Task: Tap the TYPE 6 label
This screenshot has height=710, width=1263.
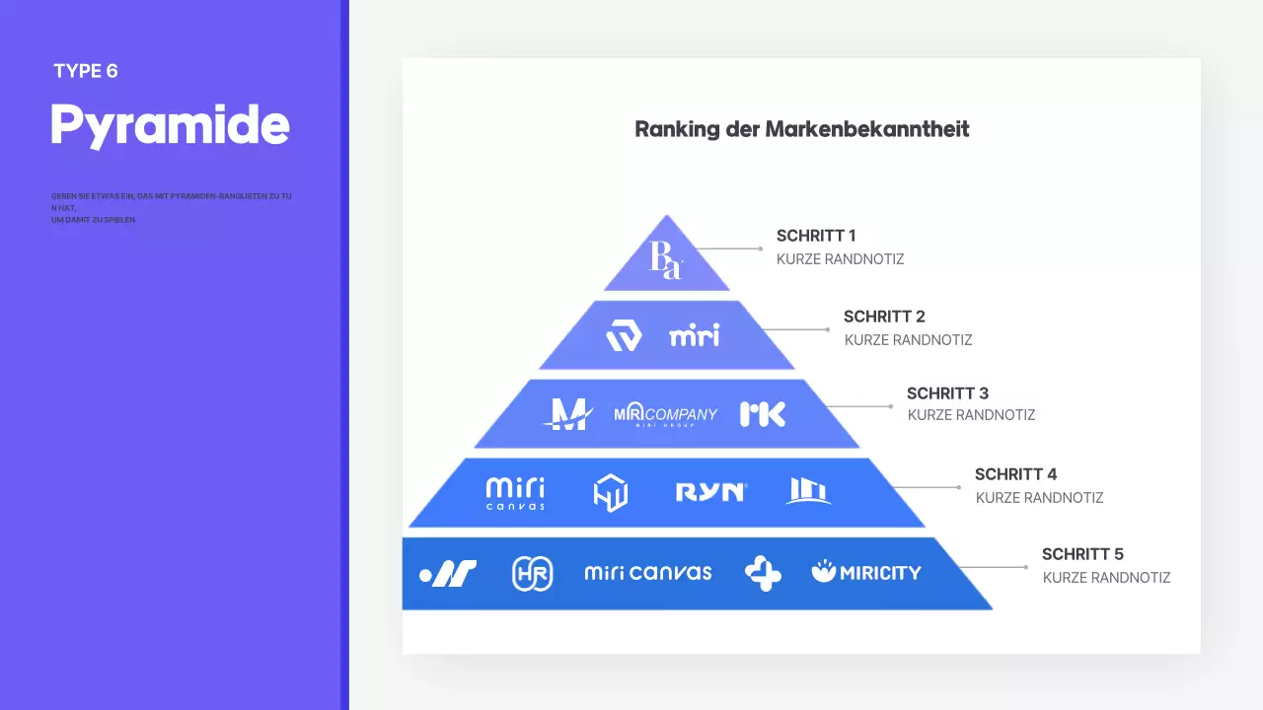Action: click(x=86, y=71)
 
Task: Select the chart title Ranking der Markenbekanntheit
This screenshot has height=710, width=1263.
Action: click(x=801, y=129)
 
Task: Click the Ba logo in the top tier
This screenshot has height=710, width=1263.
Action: click(x=665, y=259)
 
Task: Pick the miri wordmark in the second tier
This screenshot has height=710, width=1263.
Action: click(x=695, y=335)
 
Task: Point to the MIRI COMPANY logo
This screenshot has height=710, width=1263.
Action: click(x=665, y=414)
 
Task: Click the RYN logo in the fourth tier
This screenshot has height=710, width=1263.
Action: click(x=710, y=492)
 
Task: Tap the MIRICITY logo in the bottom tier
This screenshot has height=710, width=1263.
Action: click(x=866, y=572)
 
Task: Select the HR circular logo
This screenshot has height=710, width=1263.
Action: click(x=533, y=573)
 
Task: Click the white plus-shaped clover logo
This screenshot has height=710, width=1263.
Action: click(x=763, y=573)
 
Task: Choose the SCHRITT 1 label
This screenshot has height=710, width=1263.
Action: click(x=816, y=236)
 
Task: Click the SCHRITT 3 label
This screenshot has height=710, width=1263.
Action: click(x=947, y=393)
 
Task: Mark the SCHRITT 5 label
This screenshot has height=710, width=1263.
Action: click(x=1082, y=554)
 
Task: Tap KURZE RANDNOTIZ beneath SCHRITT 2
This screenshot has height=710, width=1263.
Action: click(x=908, y=340)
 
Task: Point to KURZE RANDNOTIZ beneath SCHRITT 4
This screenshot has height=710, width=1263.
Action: click(x=1039, y=498)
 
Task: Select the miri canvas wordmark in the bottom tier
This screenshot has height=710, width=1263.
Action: click(x=647, y=572)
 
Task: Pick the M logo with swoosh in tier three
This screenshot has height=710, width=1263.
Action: click(x=567, y=414)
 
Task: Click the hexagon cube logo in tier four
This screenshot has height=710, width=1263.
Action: click(x=610, y=493)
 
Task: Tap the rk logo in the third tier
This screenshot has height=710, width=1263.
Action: click(x=763, y=414)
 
